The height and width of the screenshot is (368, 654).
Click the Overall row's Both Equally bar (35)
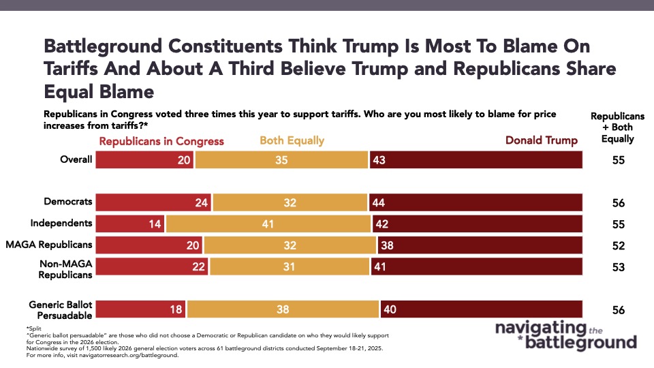(281, 160)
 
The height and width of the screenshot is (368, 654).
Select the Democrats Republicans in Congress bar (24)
(153, 202)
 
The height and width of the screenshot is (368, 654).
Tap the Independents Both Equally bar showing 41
(268, 224)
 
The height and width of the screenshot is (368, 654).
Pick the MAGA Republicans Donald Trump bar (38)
(480, 245)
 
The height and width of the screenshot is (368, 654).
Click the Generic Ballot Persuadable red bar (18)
(140, 309)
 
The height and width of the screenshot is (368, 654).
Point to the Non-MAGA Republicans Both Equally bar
(290, 266)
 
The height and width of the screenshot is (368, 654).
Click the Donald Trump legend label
(541, 141)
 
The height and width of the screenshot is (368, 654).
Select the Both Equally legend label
(292, 141)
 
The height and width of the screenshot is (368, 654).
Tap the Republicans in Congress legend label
(161, 141)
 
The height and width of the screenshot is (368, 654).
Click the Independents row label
(61, 224)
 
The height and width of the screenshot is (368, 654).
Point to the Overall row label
(76, 160)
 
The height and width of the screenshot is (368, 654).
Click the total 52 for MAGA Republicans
(618, 245)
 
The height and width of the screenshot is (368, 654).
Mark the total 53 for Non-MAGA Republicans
(618, 266)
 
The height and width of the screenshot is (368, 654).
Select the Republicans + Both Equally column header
(618, 127)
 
